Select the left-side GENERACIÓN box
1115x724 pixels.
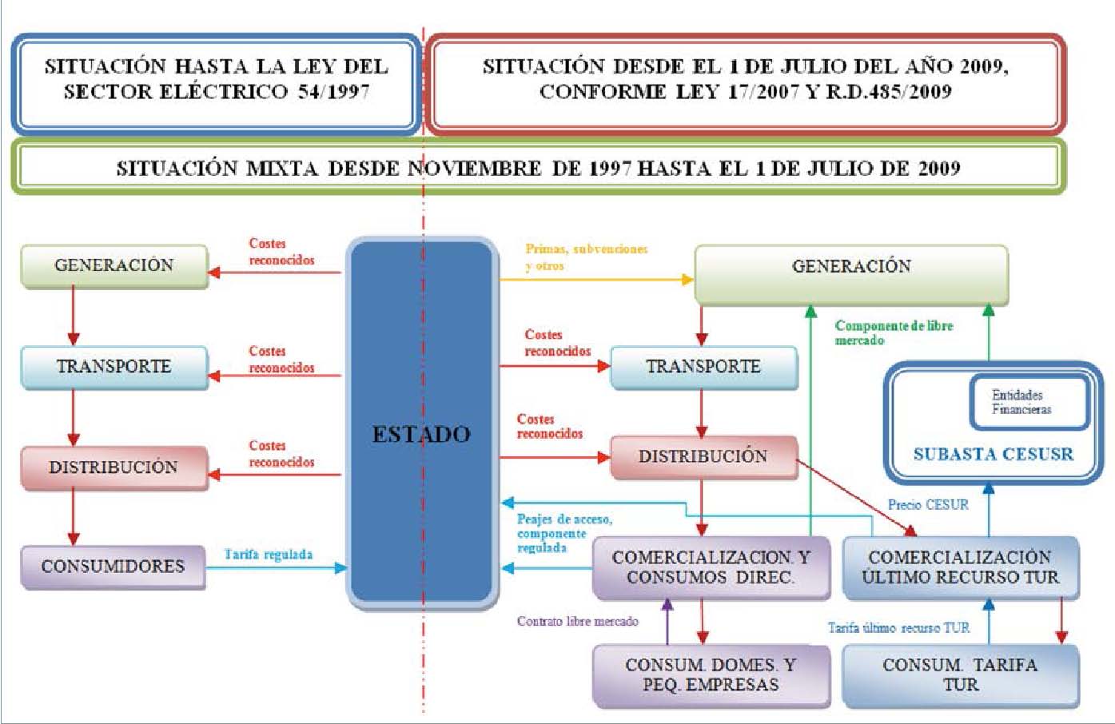(x=113, y=265)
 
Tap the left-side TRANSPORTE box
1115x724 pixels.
(x=113, y=367)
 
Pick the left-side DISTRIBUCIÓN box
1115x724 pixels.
(x=113, y=467)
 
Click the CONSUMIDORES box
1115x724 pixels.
(x=113, y=567)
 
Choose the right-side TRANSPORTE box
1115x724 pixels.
(x=703, y=367)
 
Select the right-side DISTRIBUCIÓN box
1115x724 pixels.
(x=703, y=457)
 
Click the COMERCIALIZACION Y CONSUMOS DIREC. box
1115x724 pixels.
(x=711, y=567)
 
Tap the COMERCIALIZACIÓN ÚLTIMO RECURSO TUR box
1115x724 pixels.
(x=960, y=567)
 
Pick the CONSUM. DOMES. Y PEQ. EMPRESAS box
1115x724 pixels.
(x=711, y=675)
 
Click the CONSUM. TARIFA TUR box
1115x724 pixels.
(x=960, y=675)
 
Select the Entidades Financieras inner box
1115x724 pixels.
(x=1028, y=402)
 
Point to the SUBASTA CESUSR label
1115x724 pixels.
(x=993, y=455)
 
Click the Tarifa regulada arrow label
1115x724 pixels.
(x=269, y=555)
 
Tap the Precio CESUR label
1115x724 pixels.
(x=928, y=505)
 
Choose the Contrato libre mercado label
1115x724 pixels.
(x=577, y=621)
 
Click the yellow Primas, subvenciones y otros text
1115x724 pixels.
(x=586, y=257)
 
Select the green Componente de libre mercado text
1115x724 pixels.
(x=894, y=332)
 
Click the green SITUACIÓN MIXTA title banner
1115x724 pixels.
(x=538, y=168)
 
